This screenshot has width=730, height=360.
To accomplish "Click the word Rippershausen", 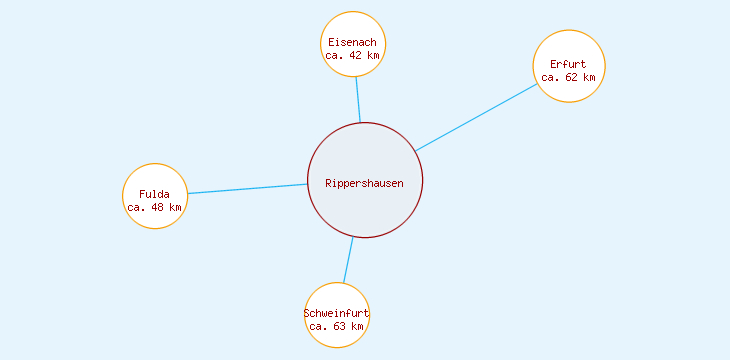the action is [365, 183].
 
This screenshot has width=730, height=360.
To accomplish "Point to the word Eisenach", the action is [353, 42].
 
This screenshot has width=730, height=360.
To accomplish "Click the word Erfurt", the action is [568, 64].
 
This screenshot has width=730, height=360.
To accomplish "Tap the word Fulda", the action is [155, 194].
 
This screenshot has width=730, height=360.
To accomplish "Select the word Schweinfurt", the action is [337, 313].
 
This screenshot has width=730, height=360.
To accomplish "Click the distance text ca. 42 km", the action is [353, 56].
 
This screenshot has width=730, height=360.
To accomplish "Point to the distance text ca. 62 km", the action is [568, 77].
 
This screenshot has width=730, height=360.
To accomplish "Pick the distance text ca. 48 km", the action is [155, 207].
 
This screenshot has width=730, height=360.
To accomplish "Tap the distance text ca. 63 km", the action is [337, 326].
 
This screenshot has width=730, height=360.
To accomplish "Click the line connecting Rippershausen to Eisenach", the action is [358, 100].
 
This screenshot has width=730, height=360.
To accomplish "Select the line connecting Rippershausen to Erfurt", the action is [477, 117].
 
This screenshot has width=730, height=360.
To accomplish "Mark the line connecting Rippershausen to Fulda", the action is [248, 189].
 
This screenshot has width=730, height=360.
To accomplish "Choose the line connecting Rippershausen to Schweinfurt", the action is [348, 260].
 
